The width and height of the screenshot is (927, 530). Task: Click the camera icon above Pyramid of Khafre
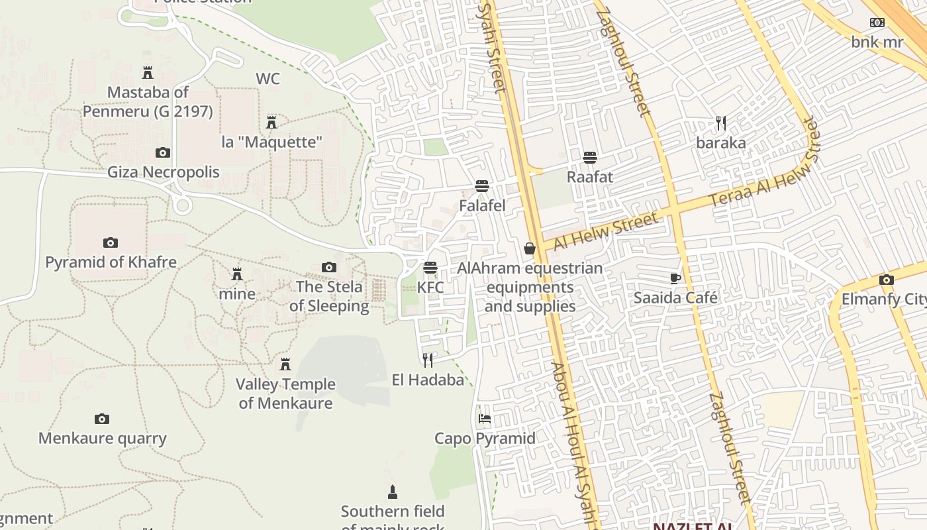coord(111,243)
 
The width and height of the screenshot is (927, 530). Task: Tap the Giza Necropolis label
coord(164,172)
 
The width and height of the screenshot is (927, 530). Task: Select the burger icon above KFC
coord(430,268)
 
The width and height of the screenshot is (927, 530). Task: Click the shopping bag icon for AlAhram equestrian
coord(530,248)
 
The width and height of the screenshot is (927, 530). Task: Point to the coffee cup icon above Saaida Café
coord(675,278)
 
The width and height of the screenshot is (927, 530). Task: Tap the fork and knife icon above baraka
coord(721,123)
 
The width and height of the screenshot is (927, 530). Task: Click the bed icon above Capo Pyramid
coord(485,419)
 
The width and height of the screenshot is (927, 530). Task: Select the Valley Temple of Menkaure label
coord(285,394)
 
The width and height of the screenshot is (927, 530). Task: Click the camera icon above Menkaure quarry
coord(101,419)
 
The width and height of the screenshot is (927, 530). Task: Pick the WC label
coord(268,79)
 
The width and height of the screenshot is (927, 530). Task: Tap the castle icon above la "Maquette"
coord(271,123)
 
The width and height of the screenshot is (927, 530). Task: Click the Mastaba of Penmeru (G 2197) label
coord(148,101)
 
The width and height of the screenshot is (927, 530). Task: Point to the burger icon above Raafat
coord(589,158)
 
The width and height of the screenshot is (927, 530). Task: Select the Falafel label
coord(482,206)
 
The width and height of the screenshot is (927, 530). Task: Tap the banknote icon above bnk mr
coord(877,23)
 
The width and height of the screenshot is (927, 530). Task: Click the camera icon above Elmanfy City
coord(887,280)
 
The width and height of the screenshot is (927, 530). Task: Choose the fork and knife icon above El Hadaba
coord(428,360)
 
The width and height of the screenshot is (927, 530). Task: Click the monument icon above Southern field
coord(393,492)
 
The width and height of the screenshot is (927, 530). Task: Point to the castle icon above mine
coord(237,274)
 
